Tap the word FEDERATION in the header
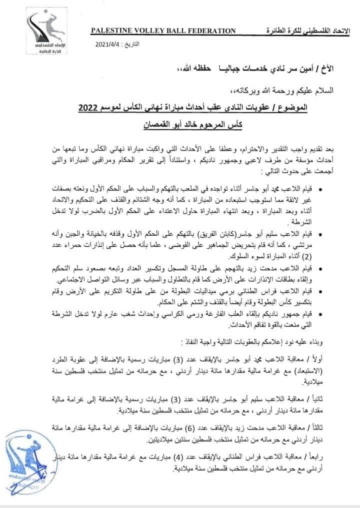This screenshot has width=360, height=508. click(207, 31)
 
